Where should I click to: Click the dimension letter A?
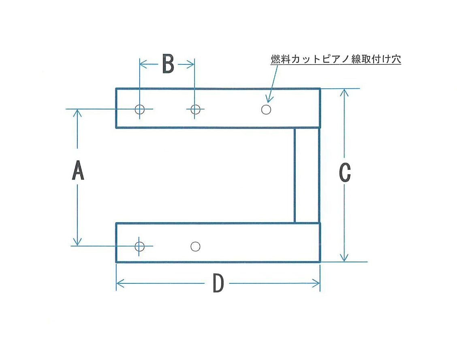click(78, 171)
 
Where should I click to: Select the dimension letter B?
click(168, 64)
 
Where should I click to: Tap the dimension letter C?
click(344, 173)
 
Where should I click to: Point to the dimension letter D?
click(218, 283)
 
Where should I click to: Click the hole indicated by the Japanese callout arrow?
click(266, 109)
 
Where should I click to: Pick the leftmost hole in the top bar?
click(140, 109)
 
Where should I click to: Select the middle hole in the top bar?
click(195, 109)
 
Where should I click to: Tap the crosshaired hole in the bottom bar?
click(139, 246)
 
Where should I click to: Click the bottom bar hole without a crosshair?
click(195, 246)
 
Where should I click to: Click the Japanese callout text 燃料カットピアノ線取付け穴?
click(335, 59)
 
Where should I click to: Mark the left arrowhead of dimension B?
click(142, 64)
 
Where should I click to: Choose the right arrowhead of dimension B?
click(192, 64)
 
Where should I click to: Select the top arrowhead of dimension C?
click(344, 92)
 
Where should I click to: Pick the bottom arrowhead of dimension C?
click(344, 258)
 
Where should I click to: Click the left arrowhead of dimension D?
click(119, 283)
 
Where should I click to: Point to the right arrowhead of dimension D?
click(317, 283)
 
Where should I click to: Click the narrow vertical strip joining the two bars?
click(307, 175)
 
